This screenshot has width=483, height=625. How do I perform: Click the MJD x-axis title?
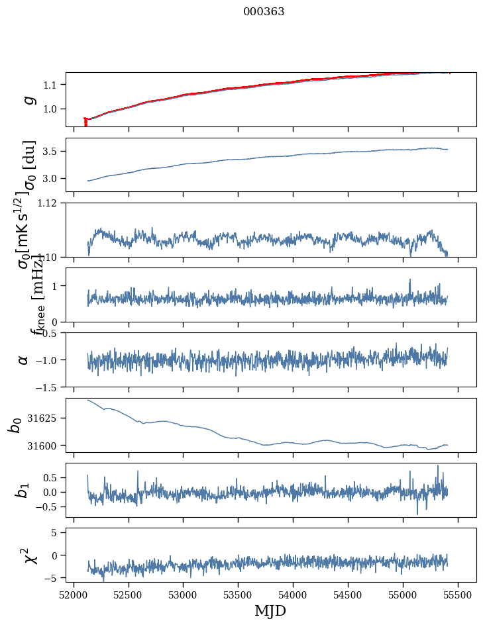click(270, 610)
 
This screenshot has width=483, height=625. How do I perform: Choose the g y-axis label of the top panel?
click(28, 99)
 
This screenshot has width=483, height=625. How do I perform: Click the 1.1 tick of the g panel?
click(54, 85)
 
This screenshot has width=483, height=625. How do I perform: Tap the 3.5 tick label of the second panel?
click(54, 152)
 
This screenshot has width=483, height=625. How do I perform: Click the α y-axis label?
click(25, 360)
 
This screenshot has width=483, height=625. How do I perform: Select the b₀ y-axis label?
click(15, 425)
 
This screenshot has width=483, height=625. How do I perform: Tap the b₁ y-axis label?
click(23, 490)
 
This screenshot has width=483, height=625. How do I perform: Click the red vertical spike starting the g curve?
click(85, 122)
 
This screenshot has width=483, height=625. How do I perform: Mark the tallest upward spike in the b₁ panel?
click(437, 466)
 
